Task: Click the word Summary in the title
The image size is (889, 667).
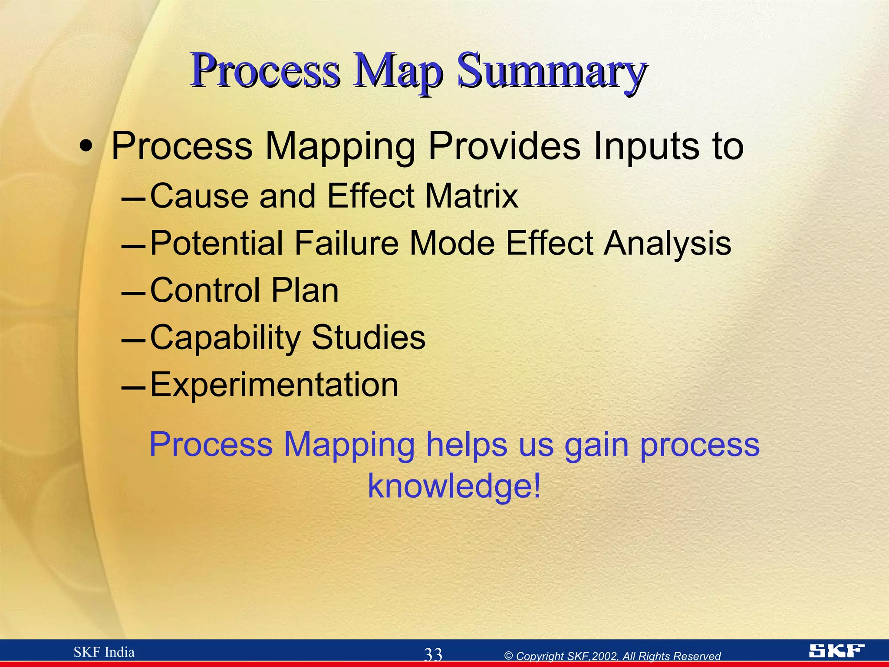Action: (x=551, y=71)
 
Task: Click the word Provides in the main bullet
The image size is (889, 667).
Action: (x=504, y=146)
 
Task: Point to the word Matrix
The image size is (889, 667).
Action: (x=471, y=196)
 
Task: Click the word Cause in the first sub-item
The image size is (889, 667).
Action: (x=199, y=196)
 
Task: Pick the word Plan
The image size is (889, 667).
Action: (x=305, y=290)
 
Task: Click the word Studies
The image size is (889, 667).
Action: (x=369, y=337)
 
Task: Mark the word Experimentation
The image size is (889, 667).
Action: (x=274, y=385)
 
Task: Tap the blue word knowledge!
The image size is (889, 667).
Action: (x=454, y=485)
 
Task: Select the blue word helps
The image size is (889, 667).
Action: (x=466, y=445)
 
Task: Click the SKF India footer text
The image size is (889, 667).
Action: (x=104, y=652)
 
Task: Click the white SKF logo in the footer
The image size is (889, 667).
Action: (x=836, y=650)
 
